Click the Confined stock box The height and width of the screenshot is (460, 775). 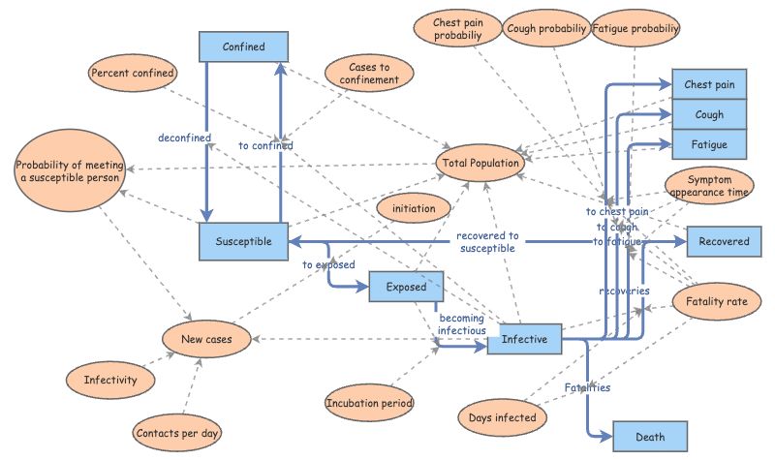pos(244,46)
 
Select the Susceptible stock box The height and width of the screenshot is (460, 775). pos(242,241)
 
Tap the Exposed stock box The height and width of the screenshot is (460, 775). pos(406,288)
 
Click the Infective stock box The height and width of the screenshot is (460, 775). pos(524,339)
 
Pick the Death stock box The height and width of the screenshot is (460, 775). pos(650,437)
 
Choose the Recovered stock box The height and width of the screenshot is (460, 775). pos(724,241)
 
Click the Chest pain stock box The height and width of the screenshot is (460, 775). pos(710,85)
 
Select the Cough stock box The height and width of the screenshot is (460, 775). pos(710,114)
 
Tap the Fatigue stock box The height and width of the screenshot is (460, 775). pos(710,143)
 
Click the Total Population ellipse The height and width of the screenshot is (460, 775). pos(481,164)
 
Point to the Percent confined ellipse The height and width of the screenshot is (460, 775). pos(133,73)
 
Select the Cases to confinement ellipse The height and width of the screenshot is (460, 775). pos(368,73)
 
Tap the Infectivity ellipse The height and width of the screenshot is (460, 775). pos(110,380)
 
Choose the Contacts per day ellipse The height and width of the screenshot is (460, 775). pos(177,433)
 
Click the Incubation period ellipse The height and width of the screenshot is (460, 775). pos(369,402)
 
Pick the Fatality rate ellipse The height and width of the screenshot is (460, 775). pos(717,301)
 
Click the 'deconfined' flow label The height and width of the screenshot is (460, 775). pos(185,138)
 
